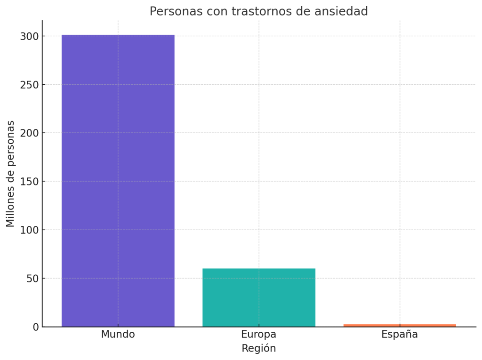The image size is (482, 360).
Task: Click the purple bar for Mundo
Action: coord(118,181)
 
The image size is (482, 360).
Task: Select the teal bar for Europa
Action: coord(258,297)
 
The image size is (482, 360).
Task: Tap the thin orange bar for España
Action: coord(400,325)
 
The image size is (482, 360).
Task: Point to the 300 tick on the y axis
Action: coord(29,36)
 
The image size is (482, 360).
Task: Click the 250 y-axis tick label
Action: coord(29,85)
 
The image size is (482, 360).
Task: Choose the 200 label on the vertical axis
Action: coord(29,133)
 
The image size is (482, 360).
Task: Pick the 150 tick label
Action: coord(29,182)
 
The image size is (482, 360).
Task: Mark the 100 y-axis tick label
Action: coord(29,230)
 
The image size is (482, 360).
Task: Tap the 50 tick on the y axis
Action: coord(32,279)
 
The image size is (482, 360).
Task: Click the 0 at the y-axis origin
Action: coord(36,327)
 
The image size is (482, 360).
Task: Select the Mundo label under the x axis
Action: coord(118,335)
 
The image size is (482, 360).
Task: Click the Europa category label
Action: coord(258,335)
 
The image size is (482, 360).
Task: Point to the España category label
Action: coord(400,335)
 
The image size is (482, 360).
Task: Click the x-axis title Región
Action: coord(258,349)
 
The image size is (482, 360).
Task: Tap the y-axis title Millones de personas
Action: coord(10,174)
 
